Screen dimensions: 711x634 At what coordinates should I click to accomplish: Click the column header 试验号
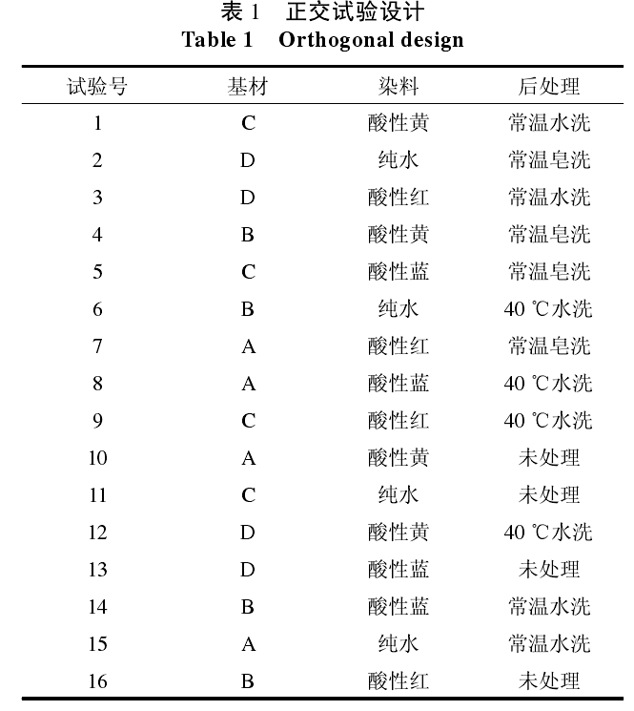(97, 87)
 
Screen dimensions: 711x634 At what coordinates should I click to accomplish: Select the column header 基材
(248, 87)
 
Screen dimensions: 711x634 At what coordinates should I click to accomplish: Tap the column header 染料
(399, 87)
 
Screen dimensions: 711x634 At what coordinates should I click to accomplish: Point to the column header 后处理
(548, 87)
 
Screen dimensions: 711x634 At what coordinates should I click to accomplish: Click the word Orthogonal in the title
(335, 40)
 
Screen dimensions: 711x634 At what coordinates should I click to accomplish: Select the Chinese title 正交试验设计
(355, 12)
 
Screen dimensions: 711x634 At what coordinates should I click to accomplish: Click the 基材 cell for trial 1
(248, 123)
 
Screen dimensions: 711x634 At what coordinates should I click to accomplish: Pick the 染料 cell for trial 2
(399, 160)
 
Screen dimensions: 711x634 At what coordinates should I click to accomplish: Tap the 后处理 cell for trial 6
(548, 309)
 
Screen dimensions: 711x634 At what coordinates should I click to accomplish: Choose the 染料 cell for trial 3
(399, 198)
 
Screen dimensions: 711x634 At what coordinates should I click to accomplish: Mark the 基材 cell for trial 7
(248, 346)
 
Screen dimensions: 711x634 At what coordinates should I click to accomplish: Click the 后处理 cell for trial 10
(548, 458)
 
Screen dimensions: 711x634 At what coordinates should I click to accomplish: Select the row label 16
(97, 681)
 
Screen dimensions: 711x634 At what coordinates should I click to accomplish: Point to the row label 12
(97, 533)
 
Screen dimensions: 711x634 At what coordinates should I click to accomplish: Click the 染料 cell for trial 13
(399, 570)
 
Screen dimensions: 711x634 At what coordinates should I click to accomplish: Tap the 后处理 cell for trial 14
(548, 607)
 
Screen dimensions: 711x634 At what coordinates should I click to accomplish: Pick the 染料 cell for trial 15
(399, 644)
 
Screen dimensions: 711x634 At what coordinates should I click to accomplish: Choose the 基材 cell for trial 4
(248, 235)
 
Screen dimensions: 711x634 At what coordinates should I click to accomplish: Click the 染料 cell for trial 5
(399, 272)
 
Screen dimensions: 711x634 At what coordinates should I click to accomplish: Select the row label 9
(97, 421)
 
